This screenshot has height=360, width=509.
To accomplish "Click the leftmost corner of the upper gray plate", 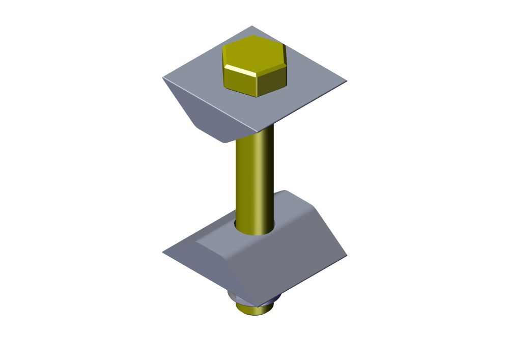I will point(163,78).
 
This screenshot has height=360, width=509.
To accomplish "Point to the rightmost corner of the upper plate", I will point(346,81).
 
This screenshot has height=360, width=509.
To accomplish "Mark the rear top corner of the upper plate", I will point(252,26).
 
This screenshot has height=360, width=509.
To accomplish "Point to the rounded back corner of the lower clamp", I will point(285,192).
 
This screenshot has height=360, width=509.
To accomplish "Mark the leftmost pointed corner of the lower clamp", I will point(163,253).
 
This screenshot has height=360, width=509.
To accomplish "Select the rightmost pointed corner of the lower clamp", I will point(346,255).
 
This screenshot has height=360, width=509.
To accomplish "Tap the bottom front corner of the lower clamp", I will point(258,306).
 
